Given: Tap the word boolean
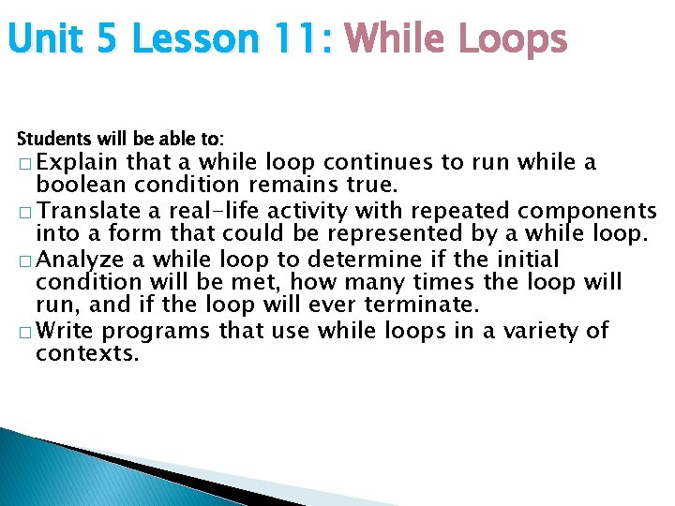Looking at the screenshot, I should pos(76,186).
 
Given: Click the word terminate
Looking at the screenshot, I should pos(432,305).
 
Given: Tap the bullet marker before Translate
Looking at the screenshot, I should pos(22,211).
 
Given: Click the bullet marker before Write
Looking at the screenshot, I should pos(22,331).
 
